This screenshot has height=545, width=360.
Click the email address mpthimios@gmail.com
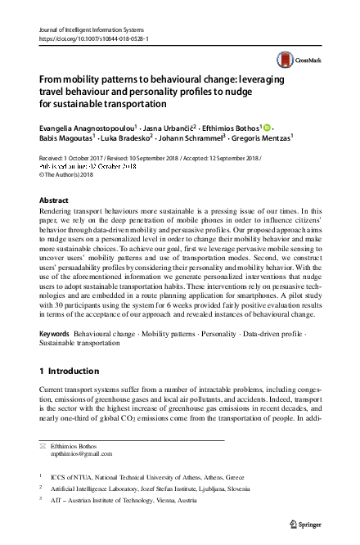(83, 453)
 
